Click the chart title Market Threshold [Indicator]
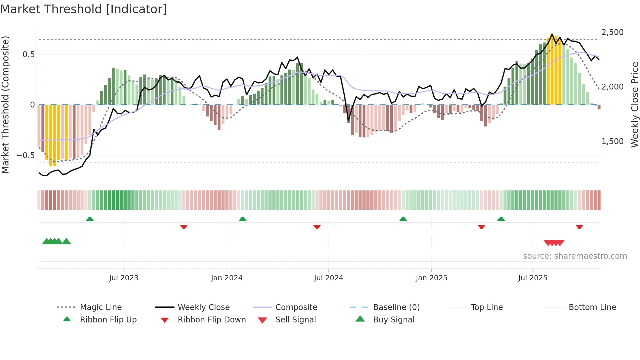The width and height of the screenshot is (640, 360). click(84, 9)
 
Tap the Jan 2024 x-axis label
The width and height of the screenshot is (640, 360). click(227, 278)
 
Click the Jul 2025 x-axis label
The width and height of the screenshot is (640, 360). click(533, 278)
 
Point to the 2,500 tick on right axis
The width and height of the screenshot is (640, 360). click(612, 32)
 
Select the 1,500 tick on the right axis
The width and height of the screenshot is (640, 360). click(612, 141)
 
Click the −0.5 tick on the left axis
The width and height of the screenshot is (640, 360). click(26, 155)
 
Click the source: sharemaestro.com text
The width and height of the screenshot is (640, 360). click(575, 256)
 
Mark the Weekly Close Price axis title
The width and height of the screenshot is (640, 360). click(634, 105)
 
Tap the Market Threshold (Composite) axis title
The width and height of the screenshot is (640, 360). click(5, 105)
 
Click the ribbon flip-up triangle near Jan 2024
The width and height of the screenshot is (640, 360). click(242, 219)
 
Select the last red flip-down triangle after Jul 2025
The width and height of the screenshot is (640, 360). click(579, 227)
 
